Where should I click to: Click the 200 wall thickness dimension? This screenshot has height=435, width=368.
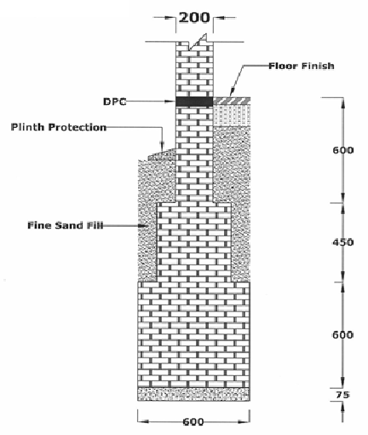point(194,18)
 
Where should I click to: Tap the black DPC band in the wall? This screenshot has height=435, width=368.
point(194,101)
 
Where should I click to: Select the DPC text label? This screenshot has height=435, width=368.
point(115,101)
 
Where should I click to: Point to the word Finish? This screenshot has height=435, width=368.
point(318,66)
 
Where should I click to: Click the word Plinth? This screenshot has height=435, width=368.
point(27,127)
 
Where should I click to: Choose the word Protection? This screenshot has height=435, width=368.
point(77,127)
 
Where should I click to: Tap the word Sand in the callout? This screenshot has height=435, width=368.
point(67,225)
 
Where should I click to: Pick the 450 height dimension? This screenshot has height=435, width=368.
point(343,242)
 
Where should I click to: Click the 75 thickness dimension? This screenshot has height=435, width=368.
point(342,395)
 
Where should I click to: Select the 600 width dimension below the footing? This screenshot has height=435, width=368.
point(193,421)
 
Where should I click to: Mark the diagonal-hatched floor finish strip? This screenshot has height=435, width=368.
point(232,100)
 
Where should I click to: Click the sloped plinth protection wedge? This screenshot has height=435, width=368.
point(163,154)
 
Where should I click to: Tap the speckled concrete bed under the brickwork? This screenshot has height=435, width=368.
point(193,394)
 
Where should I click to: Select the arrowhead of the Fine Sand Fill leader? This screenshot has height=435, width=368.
point(144,226)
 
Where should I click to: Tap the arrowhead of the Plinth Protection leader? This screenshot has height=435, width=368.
point(162,146)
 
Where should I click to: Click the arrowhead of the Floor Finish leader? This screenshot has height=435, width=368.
point(231,91)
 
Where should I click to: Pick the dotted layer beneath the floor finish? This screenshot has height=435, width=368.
point(232,114)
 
